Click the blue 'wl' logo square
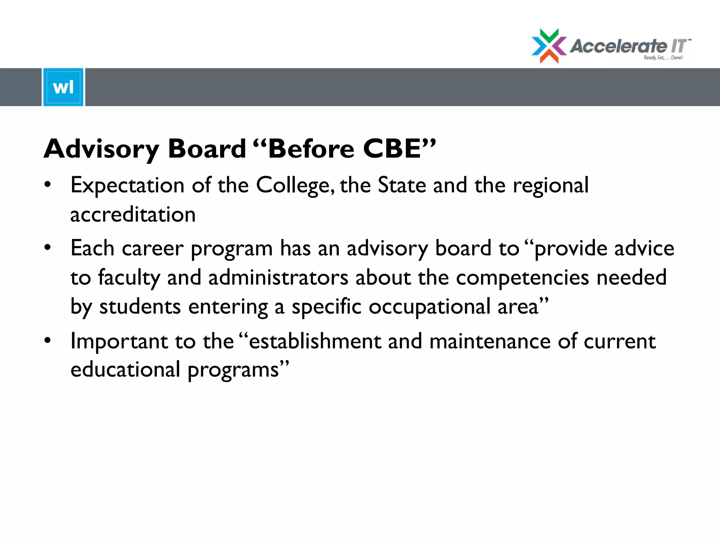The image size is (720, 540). pos(63,87)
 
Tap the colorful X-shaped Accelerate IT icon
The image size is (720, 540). pos(549,46)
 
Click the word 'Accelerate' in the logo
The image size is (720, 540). pos(618,46)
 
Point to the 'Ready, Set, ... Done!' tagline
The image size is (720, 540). pos(663,58)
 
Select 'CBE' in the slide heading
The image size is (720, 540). pos(392,148)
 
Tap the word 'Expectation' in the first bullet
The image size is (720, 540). pos(127,185)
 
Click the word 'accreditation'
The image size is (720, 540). pos(133,214)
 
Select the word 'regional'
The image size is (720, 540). pos(551,186)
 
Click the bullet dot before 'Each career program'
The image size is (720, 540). pos(48,247)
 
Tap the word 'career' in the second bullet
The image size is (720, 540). pos(153,249)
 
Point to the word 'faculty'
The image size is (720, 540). pos(129,278)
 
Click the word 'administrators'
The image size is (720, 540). pos(278,277)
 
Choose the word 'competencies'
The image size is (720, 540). pos(522,278)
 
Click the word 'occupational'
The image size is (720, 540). pos(429,307)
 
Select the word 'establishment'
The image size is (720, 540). pos(315,341)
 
